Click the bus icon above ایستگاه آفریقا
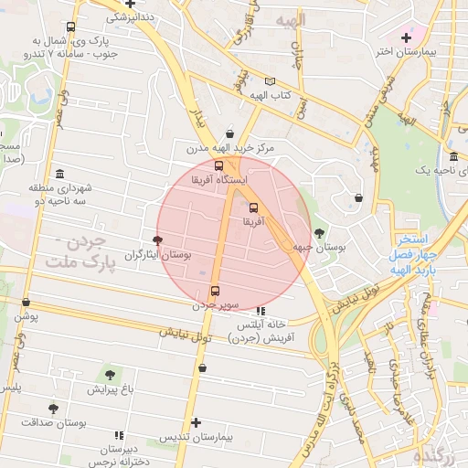point(218,166)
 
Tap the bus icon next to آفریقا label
point(254,207)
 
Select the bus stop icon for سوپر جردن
point(216,292)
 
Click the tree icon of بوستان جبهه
point(318,233)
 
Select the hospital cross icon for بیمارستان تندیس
point(196,422)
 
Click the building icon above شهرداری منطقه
point(60,174)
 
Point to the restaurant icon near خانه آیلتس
point(261,311)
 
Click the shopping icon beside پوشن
point(26,302)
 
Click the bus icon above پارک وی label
point(70,27)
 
